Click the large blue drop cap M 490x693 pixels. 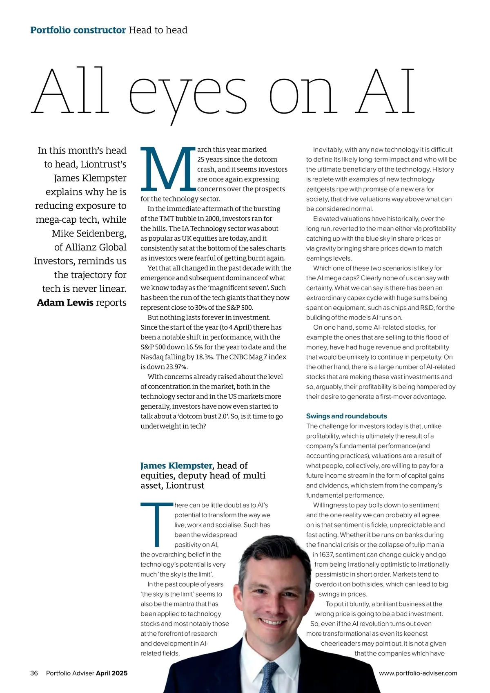point(168,169)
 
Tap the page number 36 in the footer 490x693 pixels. point(34,673)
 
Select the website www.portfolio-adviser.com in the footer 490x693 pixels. point(418,673)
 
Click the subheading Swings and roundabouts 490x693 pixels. point(346,416)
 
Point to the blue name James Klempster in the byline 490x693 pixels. point(176,466)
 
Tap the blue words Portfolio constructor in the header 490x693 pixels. point(78,30)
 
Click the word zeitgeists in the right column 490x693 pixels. point(321,189)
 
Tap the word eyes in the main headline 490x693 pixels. point(188,94)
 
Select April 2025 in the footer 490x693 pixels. point(111,673)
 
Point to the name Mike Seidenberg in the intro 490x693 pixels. point(89,233)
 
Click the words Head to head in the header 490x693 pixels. point(158,30)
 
